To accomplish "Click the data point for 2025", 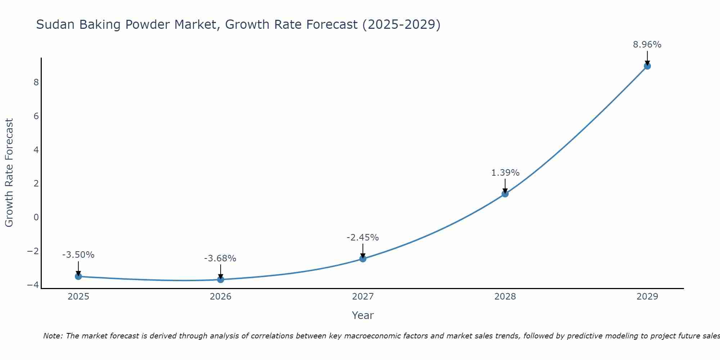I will [78, 276].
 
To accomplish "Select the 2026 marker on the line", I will [221, 279].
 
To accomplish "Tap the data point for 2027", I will [363, 259].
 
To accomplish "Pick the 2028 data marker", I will [505, 194].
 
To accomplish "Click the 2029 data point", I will [647, 66].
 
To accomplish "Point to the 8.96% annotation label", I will [647, 45].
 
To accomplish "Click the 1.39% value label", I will [505, 173].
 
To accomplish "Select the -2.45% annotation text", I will [363, 238].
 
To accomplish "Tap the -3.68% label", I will [220, 258].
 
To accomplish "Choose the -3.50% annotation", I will [78, 255].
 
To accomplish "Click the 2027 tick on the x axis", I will [363, 297].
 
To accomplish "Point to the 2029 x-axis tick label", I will [647, 297].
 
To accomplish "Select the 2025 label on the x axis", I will [78, 297].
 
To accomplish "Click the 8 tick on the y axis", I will [36, 82].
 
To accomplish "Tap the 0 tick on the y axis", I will [36, 217].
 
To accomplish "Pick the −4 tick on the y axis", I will [33, 285].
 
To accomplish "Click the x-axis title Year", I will [363, 315].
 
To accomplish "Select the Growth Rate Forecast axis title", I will [9, 173].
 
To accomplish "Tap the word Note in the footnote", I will [53, 336].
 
